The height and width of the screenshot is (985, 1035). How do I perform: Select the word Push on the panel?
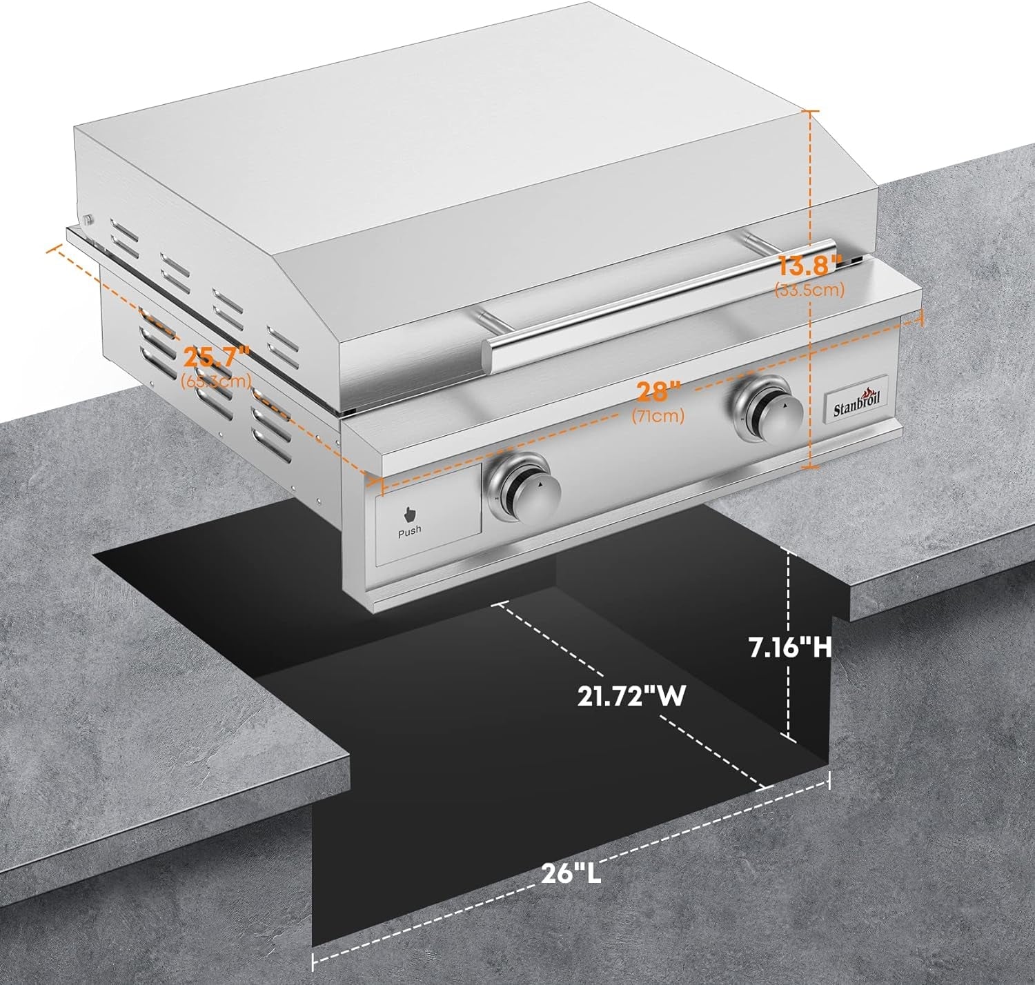(x=409, y=530)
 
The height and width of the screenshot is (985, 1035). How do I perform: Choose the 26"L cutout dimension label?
(x=571, y=875)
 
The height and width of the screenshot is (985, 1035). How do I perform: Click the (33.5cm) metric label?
(x=810, y=290)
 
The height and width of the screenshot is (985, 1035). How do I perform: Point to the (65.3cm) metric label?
(x=215, y=381)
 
